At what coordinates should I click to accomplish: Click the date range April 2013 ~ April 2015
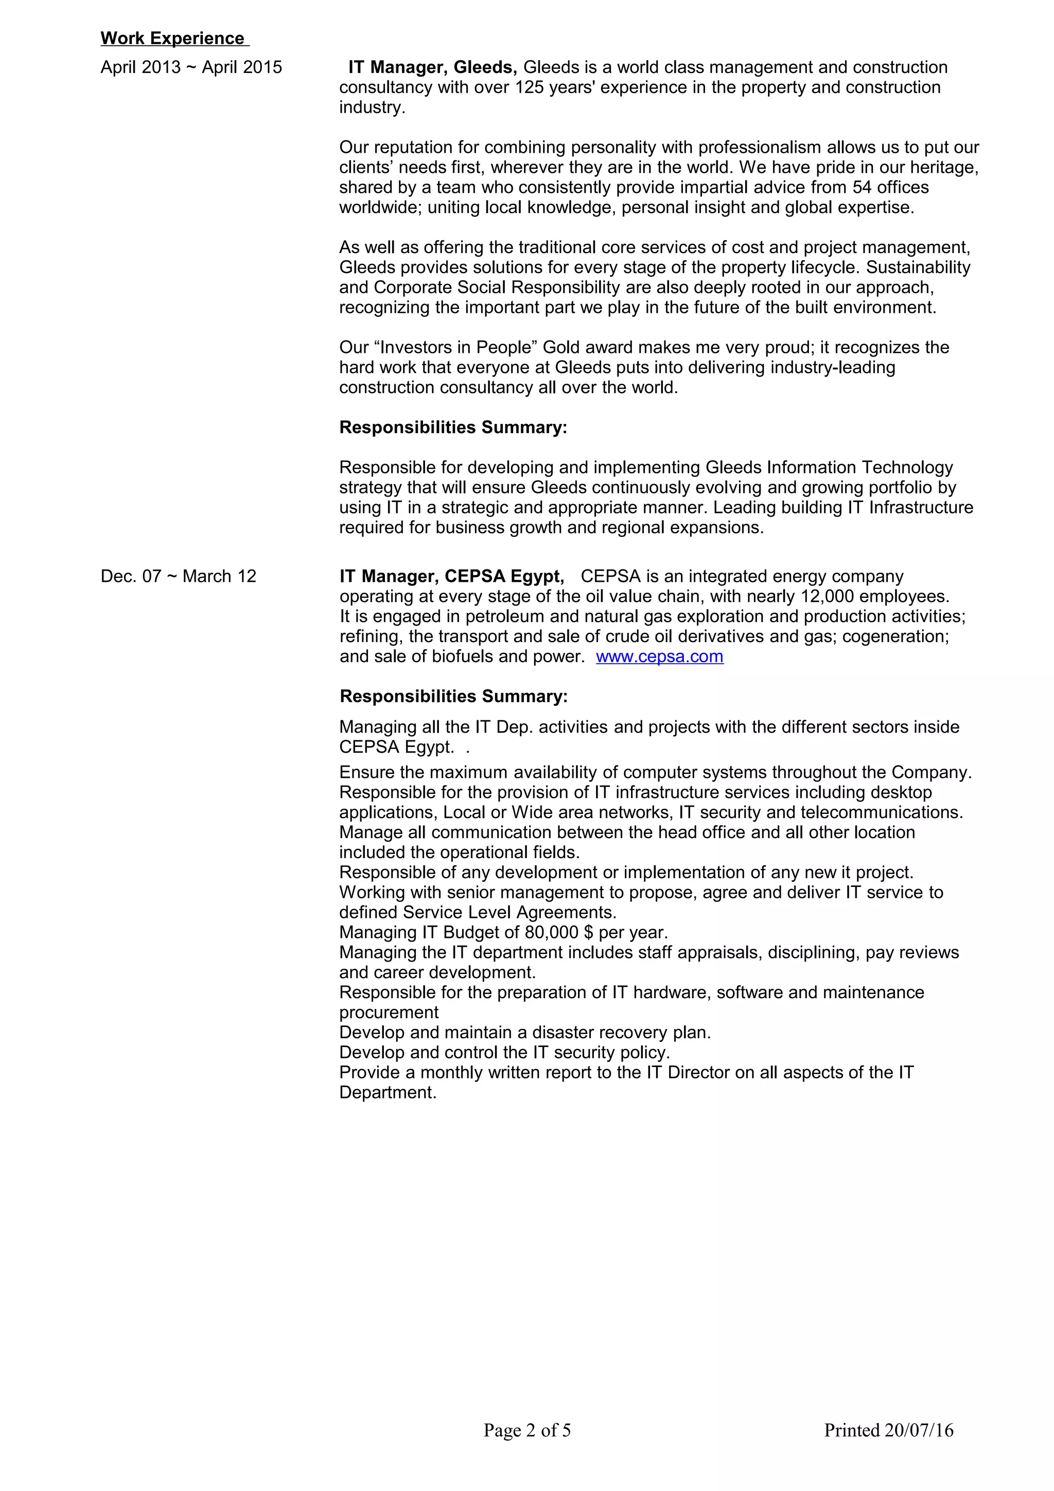[x=191, y=67]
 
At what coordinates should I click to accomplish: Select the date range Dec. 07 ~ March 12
[x=179, y=576]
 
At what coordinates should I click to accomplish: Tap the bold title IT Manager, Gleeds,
[x=432, y=67]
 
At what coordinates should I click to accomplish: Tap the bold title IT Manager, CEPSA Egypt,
[x=451, y=576]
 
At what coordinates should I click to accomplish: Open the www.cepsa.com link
[x=659, y=656]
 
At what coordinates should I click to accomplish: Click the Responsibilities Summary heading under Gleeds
[x=453, y=428]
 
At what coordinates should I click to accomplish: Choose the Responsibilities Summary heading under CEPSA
[x=453, y=696]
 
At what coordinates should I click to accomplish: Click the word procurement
[x=389, y=1013]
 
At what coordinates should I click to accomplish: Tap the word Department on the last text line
[x=387, y=1092]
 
